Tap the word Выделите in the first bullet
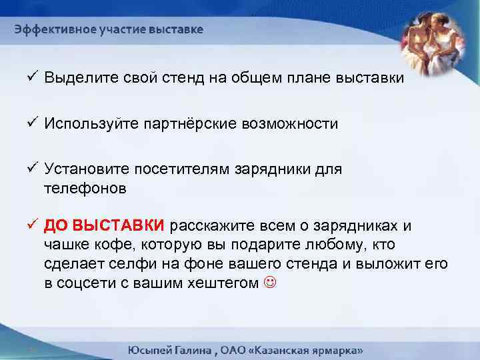tap(75, 78)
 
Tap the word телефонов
tap(85, 188)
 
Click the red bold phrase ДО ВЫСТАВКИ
tap(106, 224)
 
